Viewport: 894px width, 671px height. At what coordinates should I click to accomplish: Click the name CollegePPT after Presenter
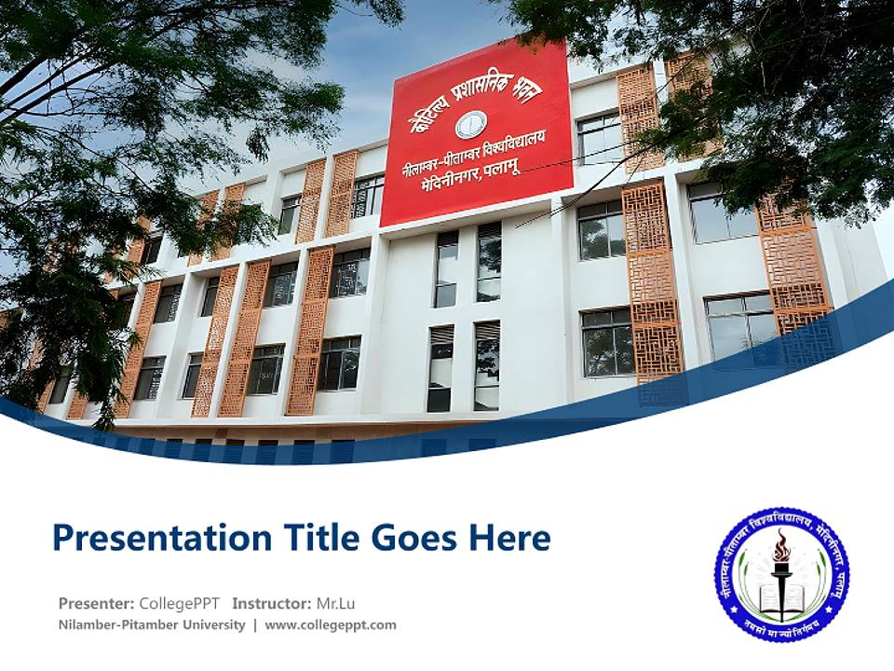[x=179, y=603]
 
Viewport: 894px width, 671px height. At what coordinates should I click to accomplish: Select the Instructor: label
[x=271, y=603]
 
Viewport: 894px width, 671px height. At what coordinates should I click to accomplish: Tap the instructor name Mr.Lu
[x=335, y=603]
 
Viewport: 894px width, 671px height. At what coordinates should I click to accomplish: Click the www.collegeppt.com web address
[x=331, y=625]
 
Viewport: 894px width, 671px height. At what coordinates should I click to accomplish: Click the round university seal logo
[x=781, y=574]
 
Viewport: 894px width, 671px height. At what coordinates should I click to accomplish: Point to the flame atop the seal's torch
[x=781, y=546]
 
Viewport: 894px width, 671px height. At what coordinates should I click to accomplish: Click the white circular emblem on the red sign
[x=471, y=124]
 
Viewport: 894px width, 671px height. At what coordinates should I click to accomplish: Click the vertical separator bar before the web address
[x=255, y=625]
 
